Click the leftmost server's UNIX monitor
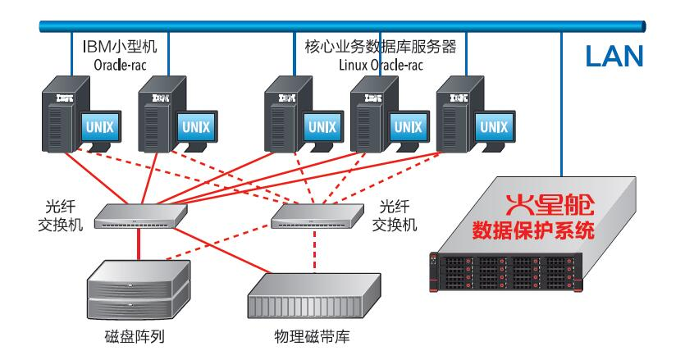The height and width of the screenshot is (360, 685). [100, 128]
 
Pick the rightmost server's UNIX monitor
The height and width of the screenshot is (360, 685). [492, 127]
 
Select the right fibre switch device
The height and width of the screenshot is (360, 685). [315, 214]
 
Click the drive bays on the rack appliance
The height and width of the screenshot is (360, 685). [500, 271]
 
